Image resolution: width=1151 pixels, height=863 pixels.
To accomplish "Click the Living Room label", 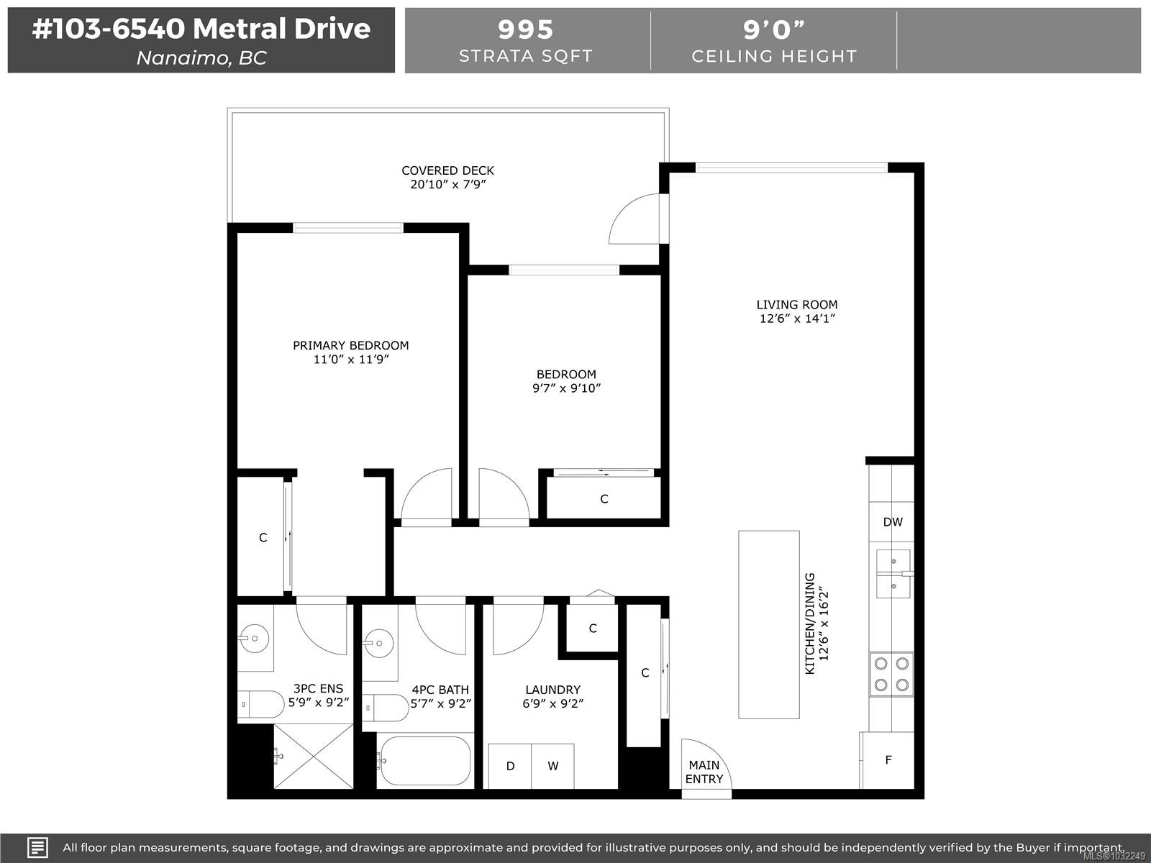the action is (796, 304).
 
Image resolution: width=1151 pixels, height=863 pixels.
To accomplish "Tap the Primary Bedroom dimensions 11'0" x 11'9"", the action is (351, 360).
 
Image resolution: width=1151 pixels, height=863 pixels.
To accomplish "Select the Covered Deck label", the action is (448, 170).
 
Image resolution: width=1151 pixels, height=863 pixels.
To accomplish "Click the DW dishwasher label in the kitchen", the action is (893, 522).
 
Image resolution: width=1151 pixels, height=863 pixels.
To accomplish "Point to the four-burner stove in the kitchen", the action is (891, 675).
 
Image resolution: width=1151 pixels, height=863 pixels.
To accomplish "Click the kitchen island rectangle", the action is (769, 624).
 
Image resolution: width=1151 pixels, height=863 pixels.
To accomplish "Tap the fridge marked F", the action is (888, 759).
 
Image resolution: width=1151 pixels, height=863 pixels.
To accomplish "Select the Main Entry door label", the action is (704, 772).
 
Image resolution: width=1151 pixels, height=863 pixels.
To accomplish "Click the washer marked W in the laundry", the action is (552, 766).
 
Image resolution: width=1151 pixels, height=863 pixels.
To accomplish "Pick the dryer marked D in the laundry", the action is (510, 766).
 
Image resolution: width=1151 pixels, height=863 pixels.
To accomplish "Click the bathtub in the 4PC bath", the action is (425, 761).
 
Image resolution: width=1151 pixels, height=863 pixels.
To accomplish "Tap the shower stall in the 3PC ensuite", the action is (314, 756).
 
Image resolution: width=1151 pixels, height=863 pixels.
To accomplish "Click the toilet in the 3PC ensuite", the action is (260, 704).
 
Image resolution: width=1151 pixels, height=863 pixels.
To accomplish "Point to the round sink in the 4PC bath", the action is (378, 642).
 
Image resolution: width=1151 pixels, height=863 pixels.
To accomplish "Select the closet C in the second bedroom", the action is (604, 498).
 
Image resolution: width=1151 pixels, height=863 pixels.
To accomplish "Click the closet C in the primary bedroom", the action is (263, 537).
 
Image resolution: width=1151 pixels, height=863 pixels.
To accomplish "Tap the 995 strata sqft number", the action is (525, 29).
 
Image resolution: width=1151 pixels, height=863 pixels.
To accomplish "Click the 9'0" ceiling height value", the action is (774, 29).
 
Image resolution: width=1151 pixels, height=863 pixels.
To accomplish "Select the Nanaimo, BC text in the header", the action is (201, 58).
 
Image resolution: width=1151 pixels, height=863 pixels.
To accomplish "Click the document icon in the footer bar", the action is (37, 848).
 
